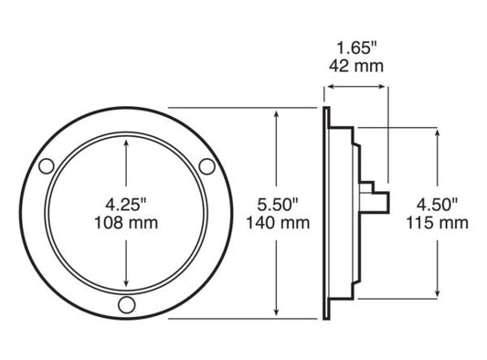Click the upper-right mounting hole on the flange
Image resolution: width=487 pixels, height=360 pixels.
(x=207, y=165)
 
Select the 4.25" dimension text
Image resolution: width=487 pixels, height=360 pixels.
(x=123, y=205)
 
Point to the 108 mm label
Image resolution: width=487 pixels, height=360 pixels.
(x=123, y=222)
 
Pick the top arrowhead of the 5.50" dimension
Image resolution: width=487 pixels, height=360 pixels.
(x=276, y=112)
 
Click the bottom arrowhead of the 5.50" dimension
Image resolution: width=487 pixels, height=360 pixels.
(x=276, y=314)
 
